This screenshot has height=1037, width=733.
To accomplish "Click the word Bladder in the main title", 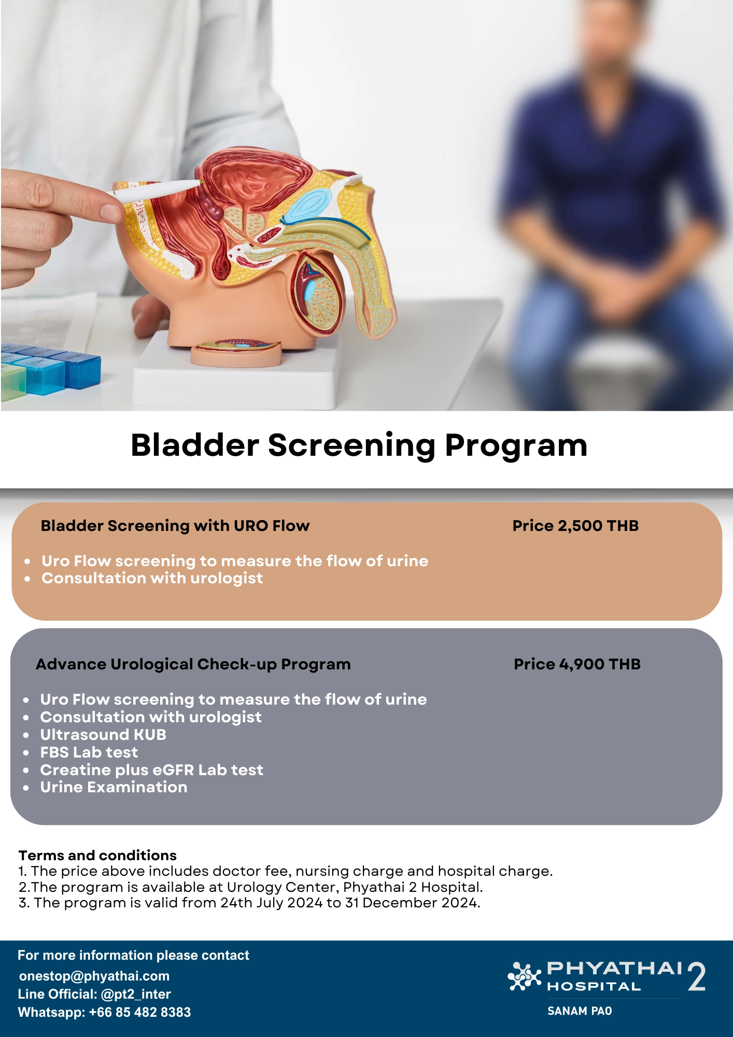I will pos(194,445).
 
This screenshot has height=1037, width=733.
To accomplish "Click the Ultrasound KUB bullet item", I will pos(103,735).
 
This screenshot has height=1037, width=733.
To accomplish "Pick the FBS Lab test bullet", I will pos(89,752).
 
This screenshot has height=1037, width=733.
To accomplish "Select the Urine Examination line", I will pos(114,787).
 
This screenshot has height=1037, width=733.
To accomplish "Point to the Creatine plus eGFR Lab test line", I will pos(151,770).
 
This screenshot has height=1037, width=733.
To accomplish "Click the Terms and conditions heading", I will pos(97,856).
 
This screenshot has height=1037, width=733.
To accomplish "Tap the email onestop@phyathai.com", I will pos(94,976).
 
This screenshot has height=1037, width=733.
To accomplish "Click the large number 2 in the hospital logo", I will pos(696,977).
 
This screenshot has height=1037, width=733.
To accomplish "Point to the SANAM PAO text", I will pos(580,1011).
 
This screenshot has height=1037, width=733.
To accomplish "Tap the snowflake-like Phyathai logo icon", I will pos(524,976).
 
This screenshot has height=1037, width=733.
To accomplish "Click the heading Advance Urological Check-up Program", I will pos(193,664).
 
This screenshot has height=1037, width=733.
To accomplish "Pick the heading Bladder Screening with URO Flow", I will pos(175,526).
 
